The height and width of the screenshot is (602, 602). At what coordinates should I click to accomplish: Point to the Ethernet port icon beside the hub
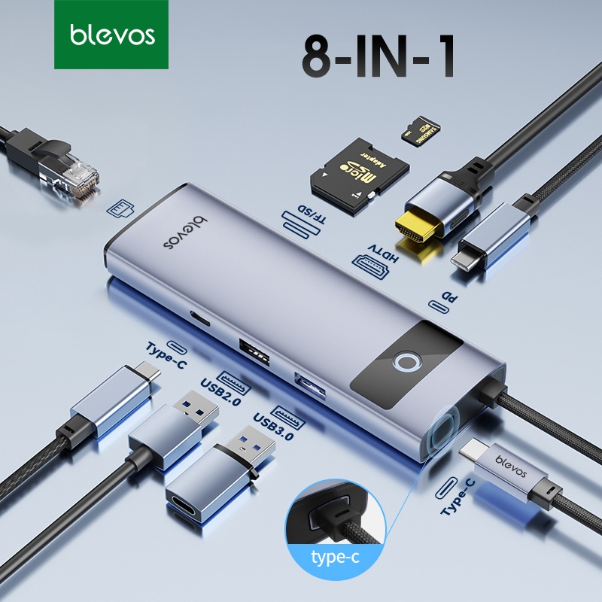tap(119, 207)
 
